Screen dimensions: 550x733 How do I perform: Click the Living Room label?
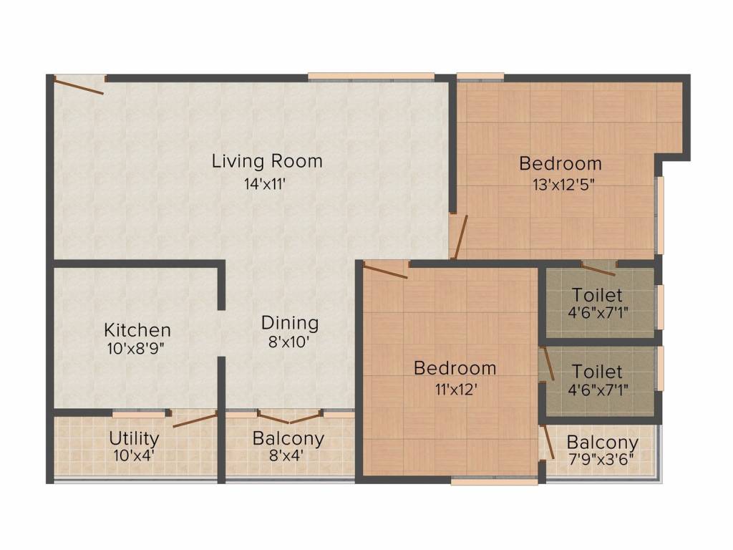267,161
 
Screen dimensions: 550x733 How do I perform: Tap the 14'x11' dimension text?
267,183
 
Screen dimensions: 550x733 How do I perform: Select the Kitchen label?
137,330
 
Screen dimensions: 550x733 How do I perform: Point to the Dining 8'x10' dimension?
289,342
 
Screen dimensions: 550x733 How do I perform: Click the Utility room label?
134,438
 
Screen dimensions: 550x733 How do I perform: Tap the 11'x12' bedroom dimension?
455,390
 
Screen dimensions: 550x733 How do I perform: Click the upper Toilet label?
597,295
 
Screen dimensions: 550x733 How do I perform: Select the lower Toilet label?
597,372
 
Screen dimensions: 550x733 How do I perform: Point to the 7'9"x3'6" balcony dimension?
601,458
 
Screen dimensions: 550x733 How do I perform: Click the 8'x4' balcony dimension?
288,455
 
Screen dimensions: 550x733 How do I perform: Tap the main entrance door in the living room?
80,85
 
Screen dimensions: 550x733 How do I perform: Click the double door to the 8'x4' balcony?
289,417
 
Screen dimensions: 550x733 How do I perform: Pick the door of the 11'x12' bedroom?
385,270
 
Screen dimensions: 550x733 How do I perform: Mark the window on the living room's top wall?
371,76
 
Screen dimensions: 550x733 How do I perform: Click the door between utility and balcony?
193,420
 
